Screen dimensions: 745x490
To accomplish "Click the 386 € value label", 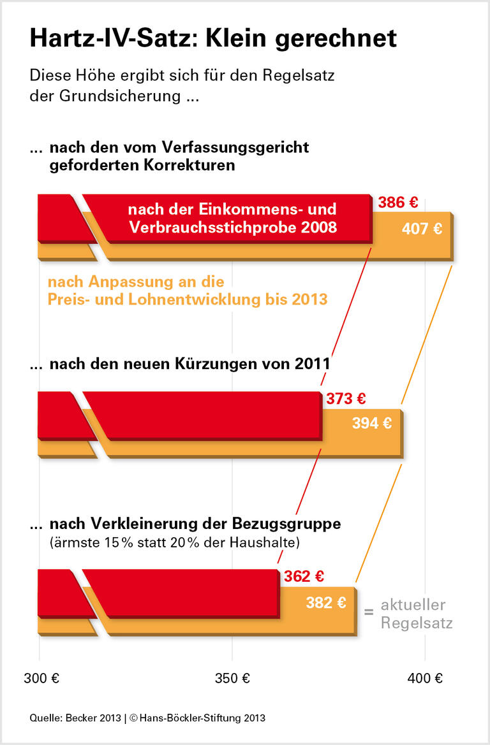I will point(397,203).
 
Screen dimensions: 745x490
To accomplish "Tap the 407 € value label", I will point(422,229).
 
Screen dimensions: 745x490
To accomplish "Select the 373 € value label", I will point(346,400).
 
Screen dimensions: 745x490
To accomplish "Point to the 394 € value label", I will point(372,423).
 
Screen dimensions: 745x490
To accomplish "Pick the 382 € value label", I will point(326,602).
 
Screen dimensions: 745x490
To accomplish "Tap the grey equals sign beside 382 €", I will point(368,612).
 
